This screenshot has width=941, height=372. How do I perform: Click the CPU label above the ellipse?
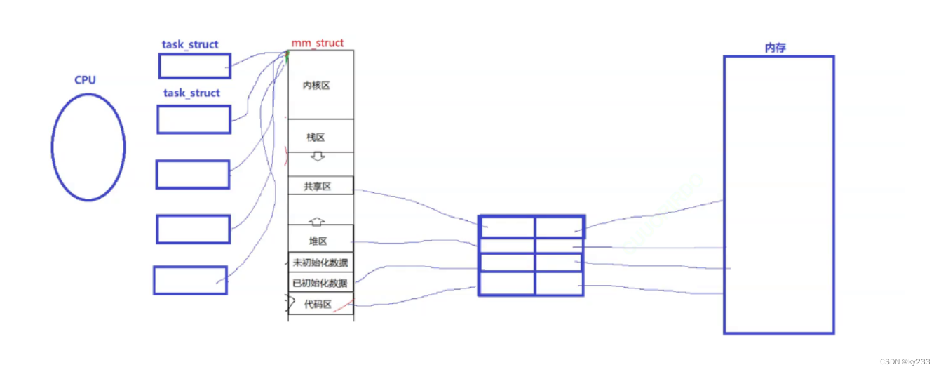pos(85,80)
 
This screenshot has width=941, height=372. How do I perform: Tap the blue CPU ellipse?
pos(88,147)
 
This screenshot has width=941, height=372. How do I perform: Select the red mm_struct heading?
pos(318,43)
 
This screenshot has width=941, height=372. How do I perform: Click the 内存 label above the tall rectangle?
pos(775,48)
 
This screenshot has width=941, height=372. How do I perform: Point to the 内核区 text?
pos(316,86)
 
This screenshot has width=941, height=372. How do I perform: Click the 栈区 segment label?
pos(316,138)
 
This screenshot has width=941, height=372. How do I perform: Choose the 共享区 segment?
pos(317,187)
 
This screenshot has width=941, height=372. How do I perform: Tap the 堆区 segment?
pos(318,241)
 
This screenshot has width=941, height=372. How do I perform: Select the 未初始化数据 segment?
pos(320,263)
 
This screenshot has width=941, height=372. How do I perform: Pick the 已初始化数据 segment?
pos(320,284)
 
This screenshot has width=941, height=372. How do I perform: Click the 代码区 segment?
pos(318,305)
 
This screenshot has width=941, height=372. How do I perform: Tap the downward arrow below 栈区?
pos(317,157)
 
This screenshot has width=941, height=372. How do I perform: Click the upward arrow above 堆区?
pos(317,221)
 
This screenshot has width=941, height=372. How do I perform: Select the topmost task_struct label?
pos(190,44)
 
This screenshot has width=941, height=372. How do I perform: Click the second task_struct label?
pos(191,93)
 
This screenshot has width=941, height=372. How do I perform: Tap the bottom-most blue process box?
pos(190,280)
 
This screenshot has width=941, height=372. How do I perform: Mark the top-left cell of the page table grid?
pos(507,227)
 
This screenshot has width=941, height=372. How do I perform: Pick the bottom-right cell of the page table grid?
pos(559,284)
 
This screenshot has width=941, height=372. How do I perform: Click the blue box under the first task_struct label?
pos(194,66)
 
